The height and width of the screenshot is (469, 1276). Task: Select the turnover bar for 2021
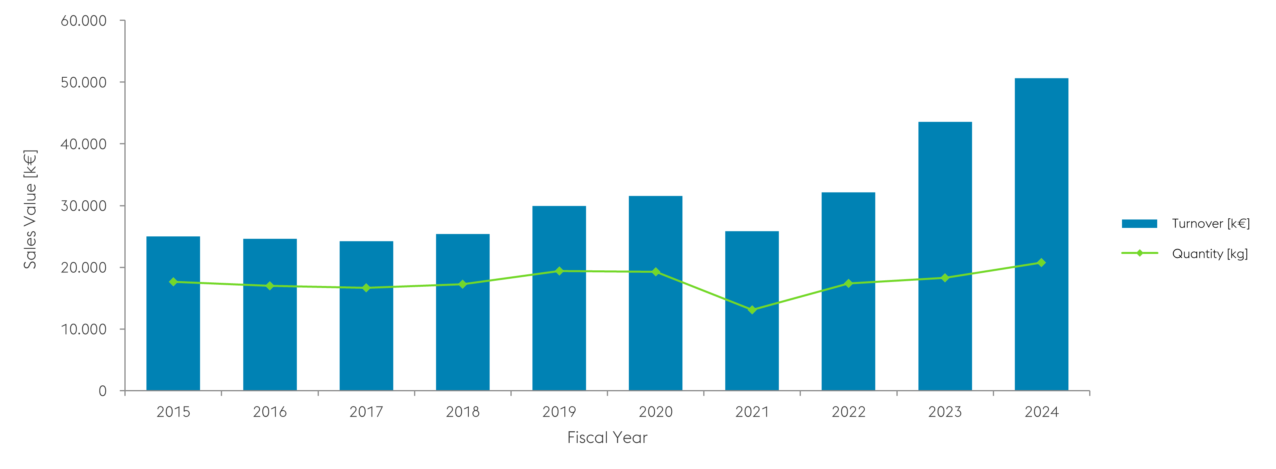coord(752,347)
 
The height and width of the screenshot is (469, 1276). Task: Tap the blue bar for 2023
coord(945,208)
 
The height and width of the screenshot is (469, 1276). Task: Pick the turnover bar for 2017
coord(366,337)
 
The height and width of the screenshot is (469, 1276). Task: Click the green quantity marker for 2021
coord(752,310)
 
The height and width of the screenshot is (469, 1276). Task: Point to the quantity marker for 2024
coord(1041,263)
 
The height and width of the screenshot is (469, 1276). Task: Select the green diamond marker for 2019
coord(559,271)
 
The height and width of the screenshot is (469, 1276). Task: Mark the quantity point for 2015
coord(173,282)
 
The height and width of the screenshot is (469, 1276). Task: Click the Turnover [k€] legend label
coord(1211,223)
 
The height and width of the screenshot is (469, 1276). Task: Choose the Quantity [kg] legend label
coord(1210,254)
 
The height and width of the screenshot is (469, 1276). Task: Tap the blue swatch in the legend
coord(1139,223)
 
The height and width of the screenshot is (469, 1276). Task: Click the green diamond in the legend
coord(1139,254)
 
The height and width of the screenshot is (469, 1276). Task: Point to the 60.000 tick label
coord(83,21)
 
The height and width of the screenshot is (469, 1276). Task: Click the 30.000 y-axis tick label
coord(83,206)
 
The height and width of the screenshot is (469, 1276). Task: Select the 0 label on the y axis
coord(102,391)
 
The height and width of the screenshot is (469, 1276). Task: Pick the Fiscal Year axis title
coord(607,437)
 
